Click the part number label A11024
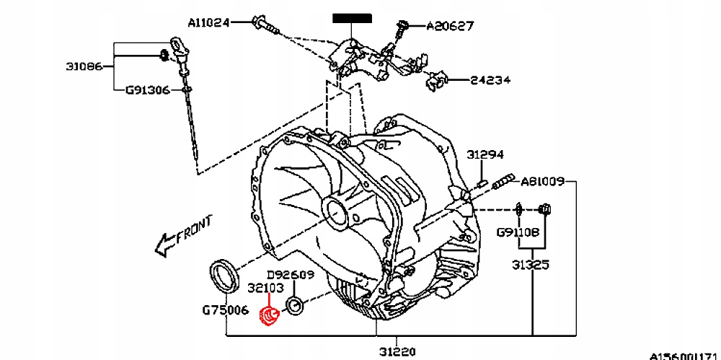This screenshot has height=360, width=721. tap(208, 22)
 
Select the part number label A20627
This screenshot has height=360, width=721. tap(450, 27)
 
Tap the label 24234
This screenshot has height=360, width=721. tap(491, 80)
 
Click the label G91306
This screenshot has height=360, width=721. tap(147, 91)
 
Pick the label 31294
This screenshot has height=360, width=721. tap(485, 154)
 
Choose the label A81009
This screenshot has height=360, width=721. tap(543, 180)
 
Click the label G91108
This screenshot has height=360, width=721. tap(518, 233)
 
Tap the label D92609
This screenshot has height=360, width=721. tap(291, 275)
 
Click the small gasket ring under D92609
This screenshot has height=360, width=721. tap(296, 307)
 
